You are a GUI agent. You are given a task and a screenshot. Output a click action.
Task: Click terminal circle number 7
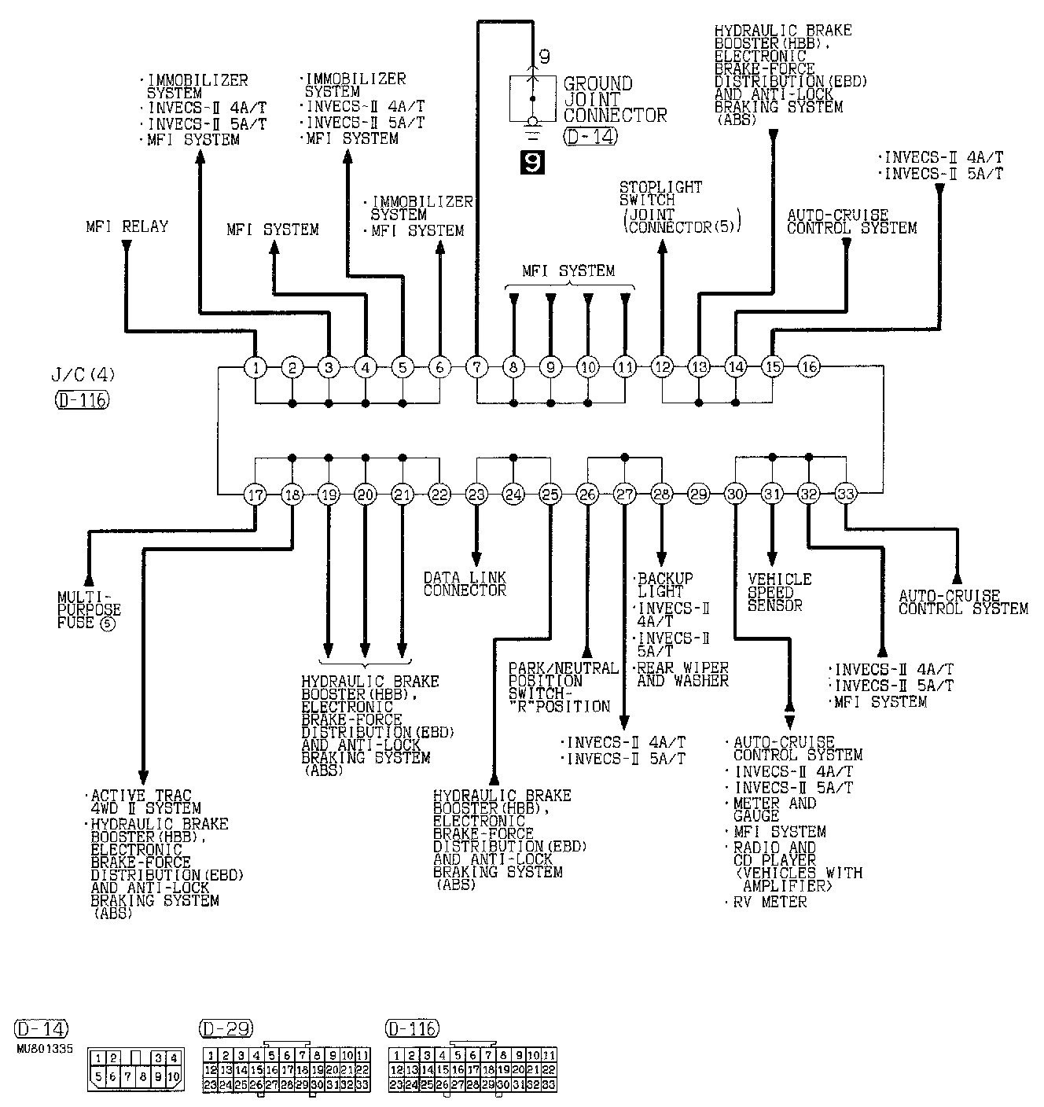click(476, 366)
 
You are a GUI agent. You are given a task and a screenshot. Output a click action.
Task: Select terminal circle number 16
click(809, 366)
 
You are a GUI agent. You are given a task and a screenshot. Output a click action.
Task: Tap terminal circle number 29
click(698, 494)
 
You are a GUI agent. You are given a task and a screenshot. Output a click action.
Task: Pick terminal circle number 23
click(476, 494)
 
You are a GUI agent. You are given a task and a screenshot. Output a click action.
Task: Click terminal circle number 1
click(255, 367)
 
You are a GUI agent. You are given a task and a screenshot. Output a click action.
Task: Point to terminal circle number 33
click(846, 494)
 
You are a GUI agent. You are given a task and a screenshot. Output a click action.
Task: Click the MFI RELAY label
click(127, 226)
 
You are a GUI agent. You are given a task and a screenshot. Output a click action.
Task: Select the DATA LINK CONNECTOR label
click(465, 583)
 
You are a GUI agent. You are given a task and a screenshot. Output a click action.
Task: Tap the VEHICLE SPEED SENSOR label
click(779, 592)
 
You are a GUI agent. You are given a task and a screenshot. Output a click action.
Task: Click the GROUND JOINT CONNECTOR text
click(615, 99)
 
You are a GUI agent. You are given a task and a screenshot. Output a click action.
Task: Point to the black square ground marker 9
click(532, 163)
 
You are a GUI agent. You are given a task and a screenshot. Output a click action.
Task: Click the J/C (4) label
click(83, 374)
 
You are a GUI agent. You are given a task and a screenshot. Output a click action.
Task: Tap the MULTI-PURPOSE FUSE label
click(89, 611)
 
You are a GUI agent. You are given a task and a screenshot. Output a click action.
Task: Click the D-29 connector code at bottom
click(226, 1028)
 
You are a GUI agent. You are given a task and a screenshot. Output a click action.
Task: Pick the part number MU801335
click(45, 1049)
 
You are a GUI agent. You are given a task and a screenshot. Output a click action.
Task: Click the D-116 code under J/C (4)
click(82, 399)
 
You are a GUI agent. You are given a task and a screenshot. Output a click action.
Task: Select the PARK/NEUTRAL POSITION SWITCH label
click(563, 687)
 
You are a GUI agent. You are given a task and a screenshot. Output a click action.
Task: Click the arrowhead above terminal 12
click(662, 246)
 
